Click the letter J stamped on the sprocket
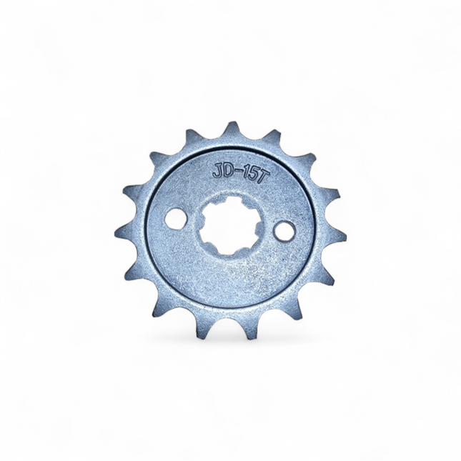click(x=217, y=172)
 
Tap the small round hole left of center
click(x=176, y=219)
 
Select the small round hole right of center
click(x=284, y=232)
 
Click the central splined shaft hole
click(x=230, y=225)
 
